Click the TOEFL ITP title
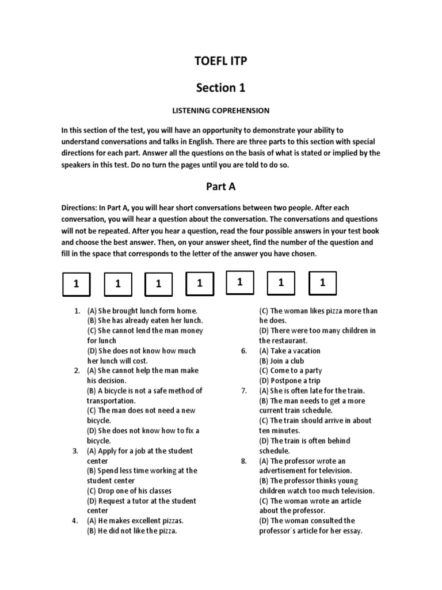(220, 63)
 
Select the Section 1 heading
(220, 88)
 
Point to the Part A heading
(220, 187)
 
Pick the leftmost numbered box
(75, 284)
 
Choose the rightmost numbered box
(322, 282)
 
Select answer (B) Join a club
(281, 361)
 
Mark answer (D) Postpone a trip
(289, 381)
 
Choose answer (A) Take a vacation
(289, 350)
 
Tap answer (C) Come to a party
(290, 370)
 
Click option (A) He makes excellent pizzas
(135, 521)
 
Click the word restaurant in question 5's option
(290, 341)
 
